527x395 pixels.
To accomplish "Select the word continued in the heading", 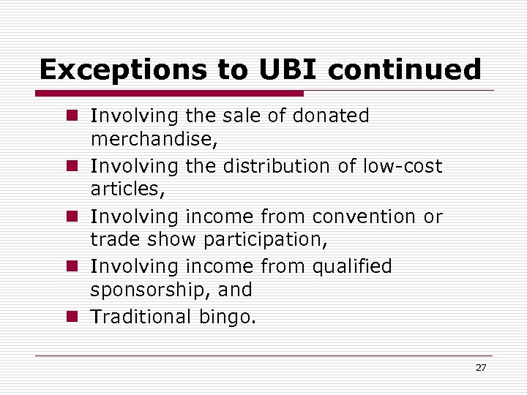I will point(405,69).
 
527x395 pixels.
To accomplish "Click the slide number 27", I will point(480,367).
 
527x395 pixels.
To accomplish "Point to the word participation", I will point(269,239).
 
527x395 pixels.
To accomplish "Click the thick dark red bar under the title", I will point(169,93).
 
